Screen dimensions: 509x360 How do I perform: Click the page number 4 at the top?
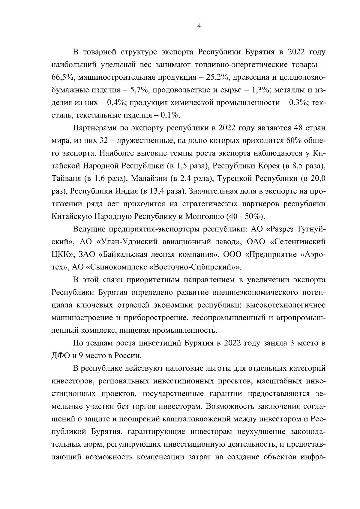pos(199,26)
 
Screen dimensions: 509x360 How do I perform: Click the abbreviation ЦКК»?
pos(62,254)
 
